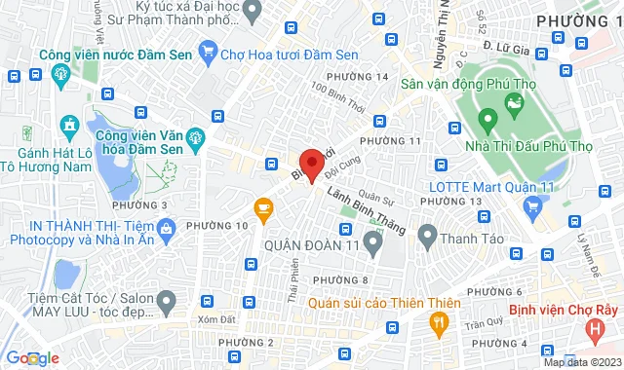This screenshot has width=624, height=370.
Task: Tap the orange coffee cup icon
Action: click(262, 206)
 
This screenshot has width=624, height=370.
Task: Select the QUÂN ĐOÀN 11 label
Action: click(313, 242)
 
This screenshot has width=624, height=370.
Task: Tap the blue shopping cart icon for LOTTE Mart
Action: click(532, 205)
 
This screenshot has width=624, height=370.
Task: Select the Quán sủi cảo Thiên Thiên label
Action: click(368, 302)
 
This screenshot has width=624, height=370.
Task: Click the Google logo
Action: click(30, 357)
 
